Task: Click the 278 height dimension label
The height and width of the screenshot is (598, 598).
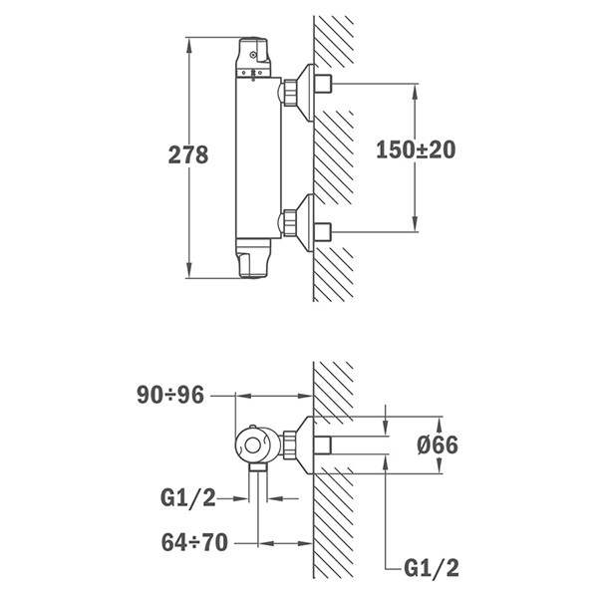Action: point(188,155)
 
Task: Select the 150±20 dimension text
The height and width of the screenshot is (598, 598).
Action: point(416,149)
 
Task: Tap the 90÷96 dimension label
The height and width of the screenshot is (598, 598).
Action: point(170,395)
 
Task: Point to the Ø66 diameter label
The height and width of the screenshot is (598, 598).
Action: point(438,445)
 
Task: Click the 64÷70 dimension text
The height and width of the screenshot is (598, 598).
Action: point(194,542)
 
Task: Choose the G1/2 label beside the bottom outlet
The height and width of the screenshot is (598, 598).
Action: point(188,497)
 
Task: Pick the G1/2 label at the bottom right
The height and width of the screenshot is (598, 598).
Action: point(432,568)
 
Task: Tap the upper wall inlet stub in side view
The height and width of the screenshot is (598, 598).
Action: point(323,84)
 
